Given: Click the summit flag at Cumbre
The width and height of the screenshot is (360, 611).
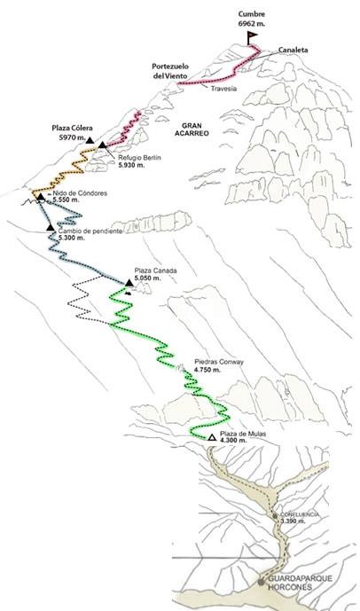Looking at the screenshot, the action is click(x=252, y=38).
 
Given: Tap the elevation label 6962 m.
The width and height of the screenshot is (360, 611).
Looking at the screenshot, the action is click(x=252, y=23).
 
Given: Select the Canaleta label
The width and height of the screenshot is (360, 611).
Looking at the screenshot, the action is click(x=293, y=50).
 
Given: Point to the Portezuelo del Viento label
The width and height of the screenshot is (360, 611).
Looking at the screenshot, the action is click(x=170, y=71).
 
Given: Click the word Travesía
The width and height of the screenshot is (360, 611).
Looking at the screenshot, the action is click(x=223, y=89).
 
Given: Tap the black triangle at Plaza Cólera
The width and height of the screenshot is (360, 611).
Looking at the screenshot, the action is click(x=90, y=140).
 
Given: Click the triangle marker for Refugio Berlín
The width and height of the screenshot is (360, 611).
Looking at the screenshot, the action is click(x=102, y=145).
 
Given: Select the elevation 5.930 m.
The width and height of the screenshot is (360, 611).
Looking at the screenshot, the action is click(x=131, y=165).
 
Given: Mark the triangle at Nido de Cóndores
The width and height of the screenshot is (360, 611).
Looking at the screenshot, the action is click(x=41, y=197).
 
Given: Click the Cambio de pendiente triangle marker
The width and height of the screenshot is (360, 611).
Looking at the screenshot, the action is click(x=51, y=227).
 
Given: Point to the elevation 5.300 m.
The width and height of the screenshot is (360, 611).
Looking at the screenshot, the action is click(x=71, y=238).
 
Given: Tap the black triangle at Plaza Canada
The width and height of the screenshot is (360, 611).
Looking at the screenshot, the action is click(x=129, y=283).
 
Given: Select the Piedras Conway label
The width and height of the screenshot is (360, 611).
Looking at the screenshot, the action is click(x=219, y=362).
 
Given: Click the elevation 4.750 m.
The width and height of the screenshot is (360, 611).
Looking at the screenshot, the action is click(x=207, y=370).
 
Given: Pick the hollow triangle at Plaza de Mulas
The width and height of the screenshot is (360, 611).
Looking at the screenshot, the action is click(x=212, y=437).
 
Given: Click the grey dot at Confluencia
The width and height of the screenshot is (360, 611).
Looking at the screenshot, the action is click(x=275, y=516).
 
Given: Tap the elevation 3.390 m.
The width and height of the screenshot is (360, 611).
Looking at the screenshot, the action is click(x=293, y=521).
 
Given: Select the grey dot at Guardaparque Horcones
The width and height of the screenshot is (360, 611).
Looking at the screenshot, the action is click(x=261, y=582).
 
